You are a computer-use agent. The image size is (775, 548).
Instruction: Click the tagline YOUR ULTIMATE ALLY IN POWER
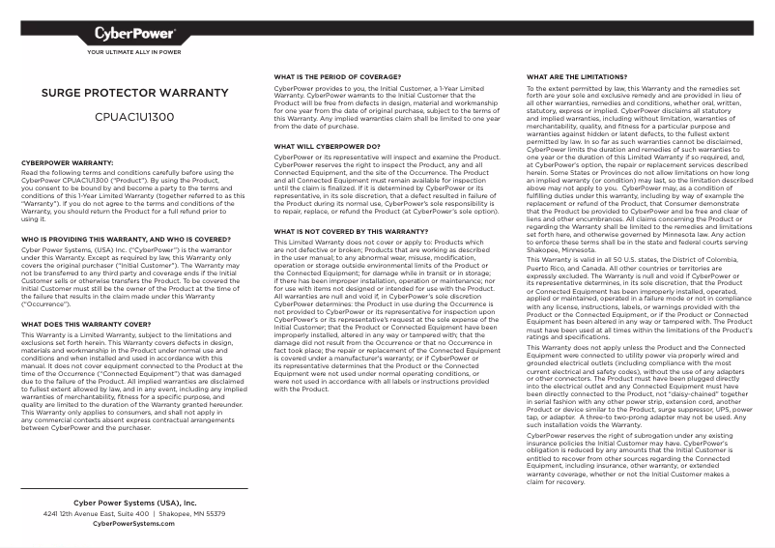pos(134,52)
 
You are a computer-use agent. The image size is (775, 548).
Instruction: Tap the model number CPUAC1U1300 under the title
pos(134,116)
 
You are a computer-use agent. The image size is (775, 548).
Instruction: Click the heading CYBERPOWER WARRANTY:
pos(67,163)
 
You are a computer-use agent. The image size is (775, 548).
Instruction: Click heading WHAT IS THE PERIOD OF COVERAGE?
pos(337,75)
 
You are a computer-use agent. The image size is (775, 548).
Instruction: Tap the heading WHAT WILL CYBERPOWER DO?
pos(327,146)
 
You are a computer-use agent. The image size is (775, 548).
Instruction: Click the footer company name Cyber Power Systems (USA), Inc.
pos(134,504)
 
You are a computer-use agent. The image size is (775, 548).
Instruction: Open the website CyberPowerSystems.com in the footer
pos(134,524)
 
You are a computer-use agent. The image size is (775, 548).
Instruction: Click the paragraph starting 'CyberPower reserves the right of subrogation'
pos(639,459)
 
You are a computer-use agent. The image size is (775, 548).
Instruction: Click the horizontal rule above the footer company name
pos(134,489)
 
